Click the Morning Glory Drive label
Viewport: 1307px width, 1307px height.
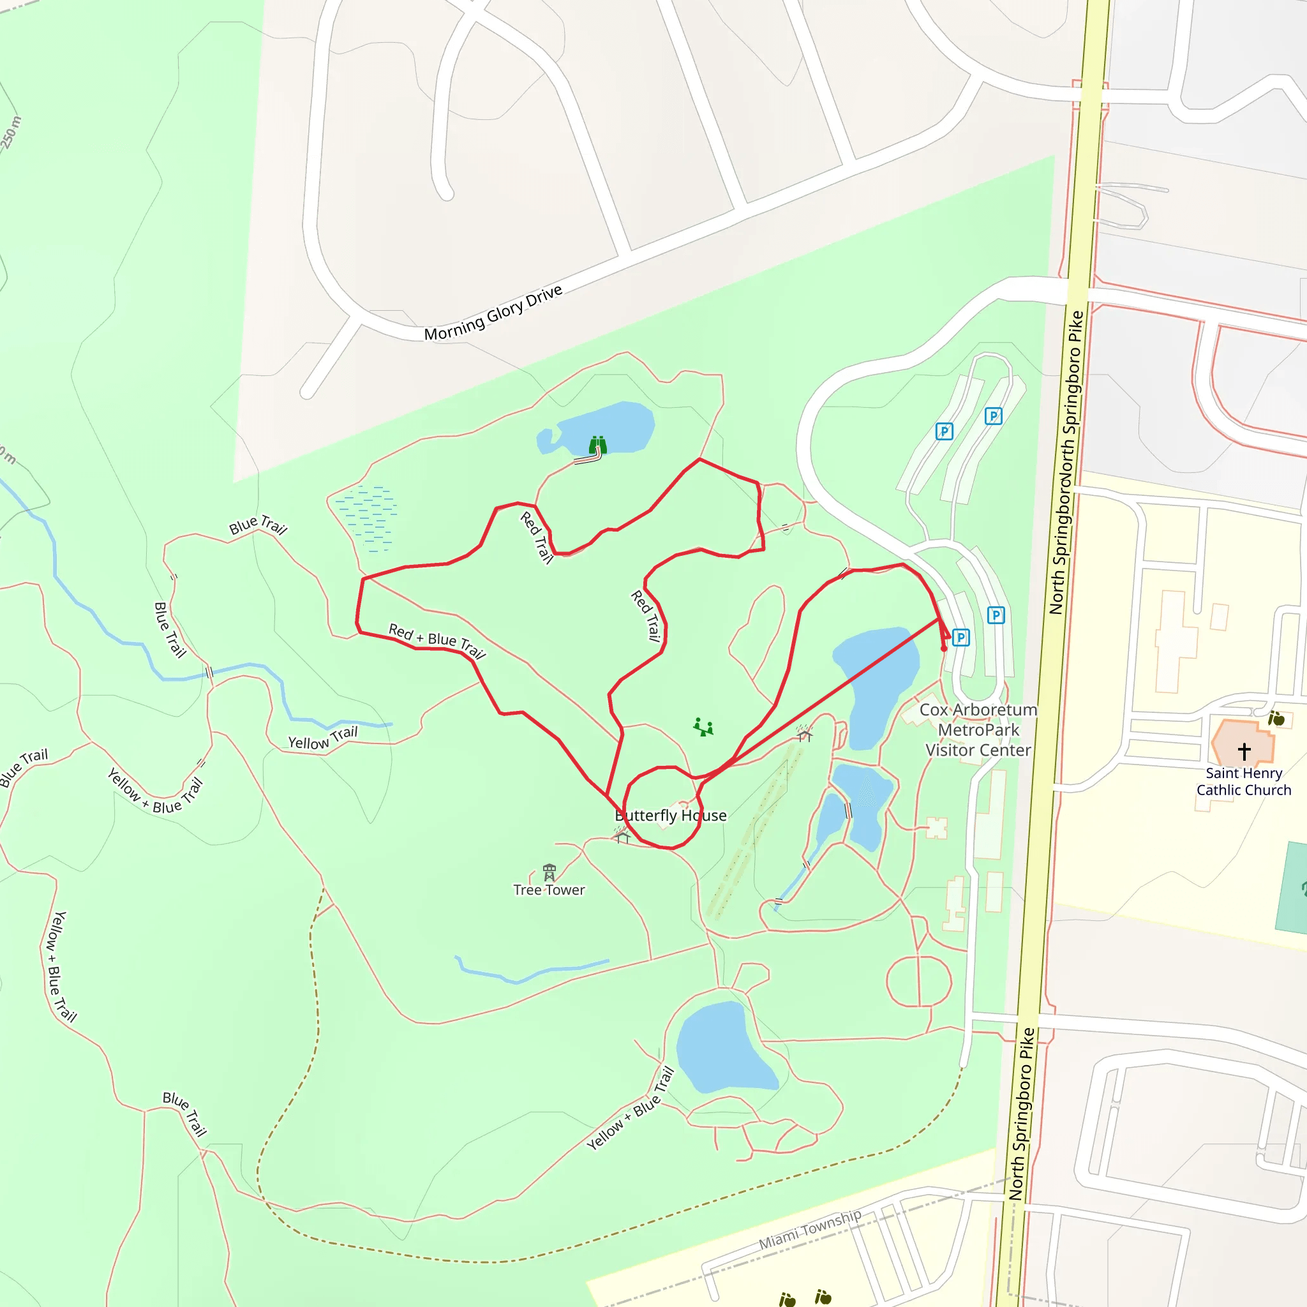click(493, 313)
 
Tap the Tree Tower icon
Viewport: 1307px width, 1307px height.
click(549, 872)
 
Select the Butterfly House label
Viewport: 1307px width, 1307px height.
click(671, 816)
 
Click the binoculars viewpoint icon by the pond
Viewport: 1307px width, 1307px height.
click(597, 445)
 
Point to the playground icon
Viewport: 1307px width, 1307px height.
click(703, 728)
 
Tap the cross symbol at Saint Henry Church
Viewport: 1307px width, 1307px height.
click(1244, 751)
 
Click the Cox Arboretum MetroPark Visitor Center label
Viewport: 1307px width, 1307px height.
click(978, 730)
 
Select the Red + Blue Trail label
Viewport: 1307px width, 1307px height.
click(437, 640)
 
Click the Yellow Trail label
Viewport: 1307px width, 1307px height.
click(323, 739)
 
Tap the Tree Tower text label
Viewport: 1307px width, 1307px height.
click(549, 890)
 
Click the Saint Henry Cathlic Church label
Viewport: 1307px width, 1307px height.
click(1243, 781)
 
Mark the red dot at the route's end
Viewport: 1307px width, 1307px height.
click(944, 649)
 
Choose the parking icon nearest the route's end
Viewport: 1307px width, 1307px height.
click(960, 638)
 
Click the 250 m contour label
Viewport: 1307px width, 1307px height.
click(11, 133)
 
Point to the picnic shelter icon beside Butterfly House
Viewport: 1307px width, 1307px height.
click(622, 837)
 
